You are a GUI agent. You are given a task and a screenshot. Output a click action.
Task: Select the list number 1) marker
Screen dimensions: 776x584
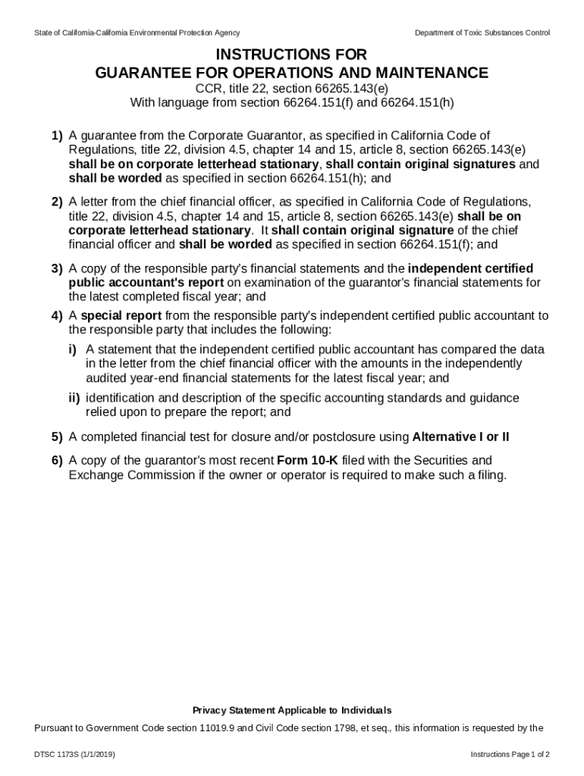point(57,136)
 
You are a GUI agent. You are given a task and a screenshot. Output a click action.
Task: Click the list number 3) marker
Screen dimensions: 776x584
point(57,268)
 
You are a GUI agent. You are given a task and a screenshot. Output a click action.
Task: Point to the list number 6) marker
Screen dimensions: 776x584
point(57,460)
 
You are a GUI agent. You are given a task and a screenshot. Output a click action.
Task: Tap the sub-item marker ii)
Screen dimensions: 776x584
point(74,398)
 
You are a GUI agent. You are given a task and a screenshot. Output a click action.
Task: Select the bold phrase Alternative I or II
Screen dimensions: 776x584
point(460,436)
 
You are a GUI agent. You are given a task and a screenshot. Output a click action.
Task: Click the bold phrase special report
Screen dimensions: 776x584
point(121,315)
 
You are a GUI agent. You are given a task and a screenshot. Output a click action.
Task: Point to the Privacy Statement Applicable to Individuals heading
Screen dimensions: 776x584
point(292,710)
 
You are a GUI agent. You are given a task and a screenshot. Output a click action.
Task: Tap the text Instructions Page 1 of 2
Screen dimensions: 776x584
point(510,755)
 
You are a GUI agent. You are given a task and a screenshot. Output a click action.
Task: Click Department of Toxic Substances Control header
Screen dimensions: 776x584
point(482,33)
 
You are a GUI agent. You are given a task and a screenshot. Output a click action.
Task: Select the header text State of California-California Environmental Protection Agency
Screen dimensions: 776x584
point(137,33)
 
